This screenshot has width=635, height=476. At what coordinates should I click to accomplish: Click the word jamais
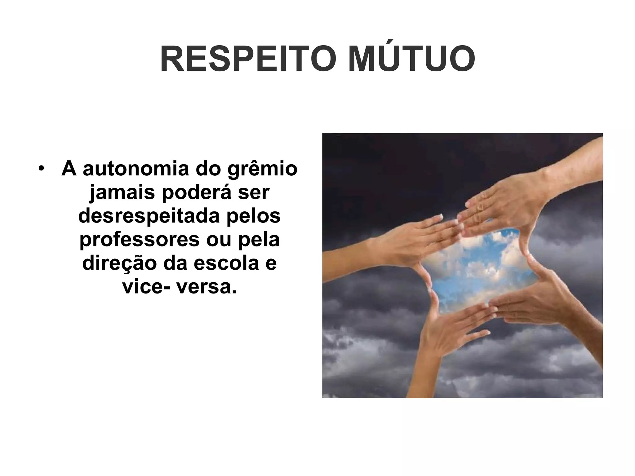122,193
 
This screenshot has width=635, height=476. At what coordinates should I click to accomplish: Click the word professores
139,240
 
